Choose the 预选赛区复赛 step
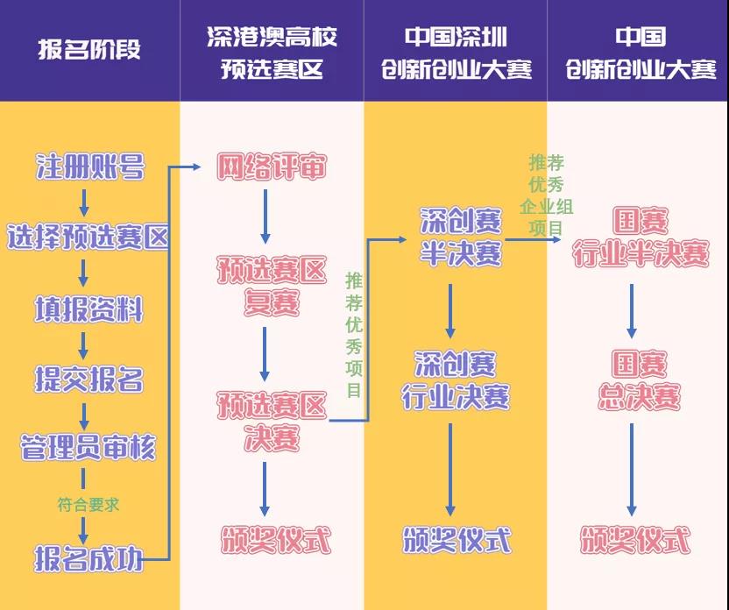pyautogui.click(x=272, y=287)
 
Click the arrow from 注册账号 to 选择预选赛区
pyautogui.click(x=84, y=202)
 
